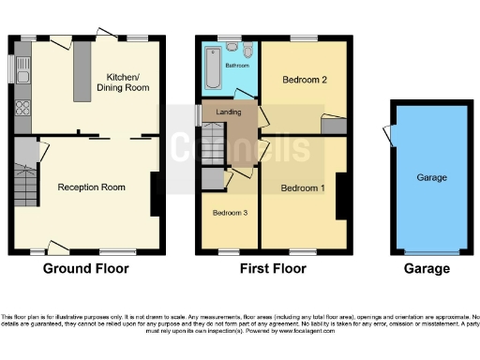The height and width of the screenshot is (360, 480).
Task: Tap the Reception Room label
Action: [x=92, y=187]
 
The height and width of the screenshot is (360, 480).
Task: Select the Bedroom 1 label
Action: [x=304, y=188]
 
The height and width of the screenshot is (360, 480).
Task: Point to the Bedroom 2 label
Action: [x=305, y=80]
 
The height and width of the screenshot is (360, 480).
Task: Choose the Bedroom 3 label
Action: [x=230, y=213]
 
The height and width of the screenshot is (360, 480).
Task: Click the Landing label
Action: [x=228, y=112]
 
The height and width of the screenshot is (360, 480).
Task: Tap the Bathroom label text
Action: [x=237, y=67]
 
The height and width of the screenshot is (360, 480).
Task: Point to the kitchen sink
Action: [x=22, y=68]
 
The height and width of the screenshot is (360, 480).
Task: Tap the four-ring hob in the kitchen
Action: [x=22, y=108]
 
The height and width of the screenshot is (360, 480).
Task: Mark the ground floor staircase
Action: [x=25, y=185]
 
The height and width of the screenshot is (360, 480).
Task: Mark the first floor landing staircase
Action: [x=214, y=145]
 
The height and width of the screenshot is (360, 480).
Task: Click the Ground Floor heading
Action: [x=86, y=269]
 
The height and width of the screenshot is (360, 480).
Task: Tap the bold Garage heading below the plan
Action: [x=427, y=269]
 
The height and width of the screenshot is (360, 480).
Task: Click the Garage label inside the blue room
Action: [x=432, y=177]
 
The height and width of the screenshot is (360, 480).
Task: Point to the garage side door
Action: [x=388, y=137]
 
